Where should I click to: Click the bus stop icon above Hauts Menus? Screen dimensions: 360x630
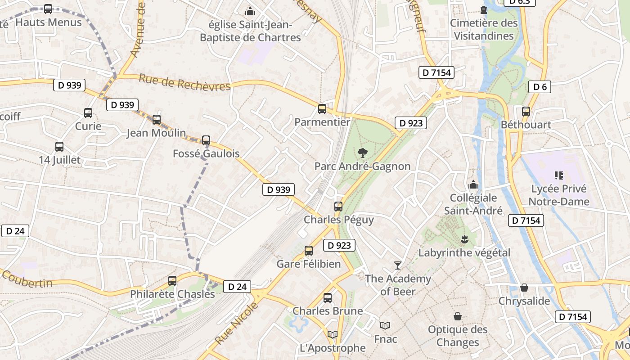coord(48,9)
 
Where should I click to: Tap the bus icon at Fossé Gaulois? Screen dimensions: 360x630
coord(206,140)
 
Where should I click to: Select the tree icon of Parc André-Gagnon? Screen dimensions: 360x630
coord(362,153)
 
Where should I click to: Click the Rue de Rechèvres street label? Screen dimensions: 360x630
coord(184,82)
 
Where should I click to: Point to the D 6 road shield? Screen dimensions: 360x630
coord(540,87)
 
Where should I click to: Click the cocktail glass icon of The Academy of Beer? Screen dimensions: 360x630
coord(397,265)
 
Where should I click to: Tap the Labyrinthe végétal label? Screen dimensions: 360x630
coord(464,253)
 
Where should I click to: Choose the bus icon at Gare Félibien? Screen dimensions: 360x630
coord(309,251)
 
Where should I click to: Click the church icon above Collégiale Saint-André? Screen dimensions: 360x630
coord(473,184)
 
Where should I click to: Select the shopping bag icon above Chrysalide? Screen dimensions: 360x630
coord(524,288)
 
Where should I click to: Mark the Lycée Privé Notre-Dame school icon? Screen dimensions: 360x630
coord(559,175)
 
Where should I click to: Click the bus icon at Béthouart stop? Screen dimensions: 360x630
coord(526,112)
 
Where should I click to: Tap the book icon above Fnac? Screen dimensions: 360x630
coord(385,325)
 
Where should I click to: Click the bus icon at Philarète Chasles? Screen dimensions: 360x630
coord(172,281)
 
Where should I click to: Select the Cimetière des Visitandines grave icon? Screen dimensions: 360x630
coord(484,9)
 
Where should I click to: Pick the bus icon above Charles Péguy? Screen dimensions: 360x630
coord(338,207)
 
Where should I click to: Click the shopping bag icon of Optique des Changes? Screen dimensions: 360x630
coord(458,316)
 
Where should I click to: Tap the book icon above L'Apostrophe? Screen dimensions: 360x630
coord(333,334)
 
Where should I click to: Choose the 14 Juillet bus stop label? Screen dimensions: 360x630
coord(59,160)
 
